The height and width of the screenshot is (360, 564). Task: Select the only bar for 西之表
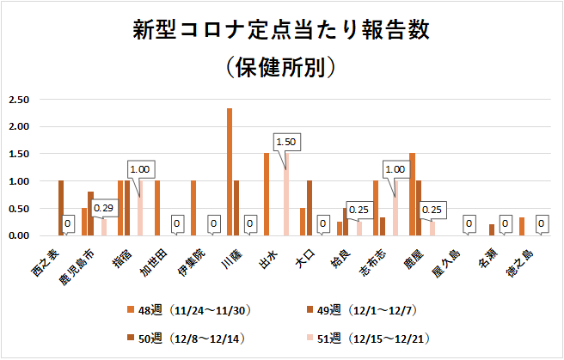(x=61, y=208)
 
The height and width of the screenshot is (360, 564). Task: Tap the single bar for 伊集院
(x=193, y=208)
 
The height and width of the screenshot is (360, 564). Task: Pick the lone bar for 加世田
(x=156, y=208)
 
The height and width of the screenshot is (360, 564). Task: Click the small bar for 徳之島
(x=522, y=227)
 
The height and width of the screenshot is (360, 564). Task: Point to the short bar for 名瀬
(x=492, y=230)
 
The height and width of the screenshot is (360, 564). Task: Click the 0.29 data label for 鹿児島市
(x=104, y=208)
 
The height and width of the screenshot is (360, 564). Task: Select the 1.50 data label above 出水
(x=286, y=142)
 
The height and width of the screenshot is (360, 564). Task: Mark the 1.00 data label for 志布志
(x=396, y=169)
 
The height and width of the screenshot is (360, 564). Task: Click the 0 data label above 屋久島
(x=469, y=224)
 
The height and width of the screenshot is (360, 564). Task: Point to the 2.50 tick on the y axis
(x=19, y=100)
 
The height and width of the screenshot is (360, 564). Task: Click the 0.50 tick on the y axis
(x=19, y=209)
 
